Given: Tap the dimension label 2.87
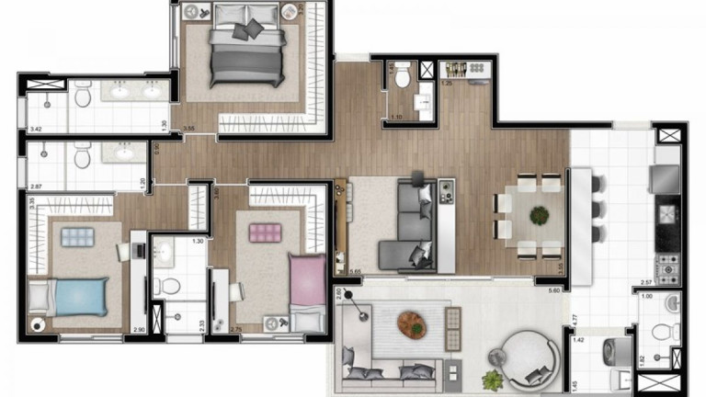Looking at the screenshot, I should pos(34,187).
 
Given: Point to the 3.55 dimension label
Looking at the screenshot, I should pos(188,129).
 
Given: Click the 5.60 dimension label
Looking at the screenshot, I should pos(553,290).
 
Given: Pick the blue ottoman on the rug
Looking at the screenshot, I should pos(77,237).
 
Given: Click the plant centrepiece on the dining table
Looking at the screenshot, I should pos(538,215).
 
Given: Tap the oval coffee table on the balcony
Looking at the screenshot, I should pos(412,323).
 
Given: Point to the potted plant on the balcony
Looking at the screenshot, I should pos(493,380).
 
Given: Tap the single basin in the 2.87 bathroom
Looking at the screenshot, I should pos(125,153).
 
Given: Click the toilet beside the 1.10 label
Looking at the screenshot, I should pos(402,80).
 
